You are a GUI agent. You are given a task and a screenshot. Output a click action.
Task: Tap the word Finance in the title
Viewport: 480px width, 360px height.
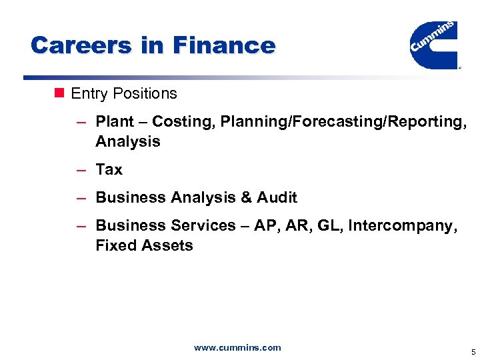pos(223,45)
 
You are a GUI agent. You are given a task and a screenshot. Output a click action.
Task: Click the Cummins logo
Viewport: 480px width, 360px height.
pos(433,44)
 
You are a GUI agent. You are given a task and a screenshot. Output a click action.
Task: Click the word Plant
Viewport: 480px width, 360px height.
pos(114,121)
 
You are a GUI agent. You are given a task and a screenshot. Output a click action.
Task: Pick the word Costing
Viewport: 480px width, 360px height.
pos(179,121)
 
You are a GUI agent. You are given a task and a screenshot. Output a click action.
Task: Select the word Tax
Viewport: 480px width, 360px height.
pos(109,169)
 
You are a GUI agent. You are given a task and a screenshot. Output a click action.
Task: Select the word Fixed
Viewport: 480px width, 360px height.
pos(115,245)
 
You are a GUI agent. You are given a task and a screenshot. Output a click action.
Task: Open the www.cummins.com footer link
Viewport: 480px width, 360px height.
pos(237,347)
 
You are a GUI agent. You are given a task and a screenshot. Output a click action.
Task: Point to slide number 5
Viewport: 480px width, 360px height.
pos(473,351)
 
